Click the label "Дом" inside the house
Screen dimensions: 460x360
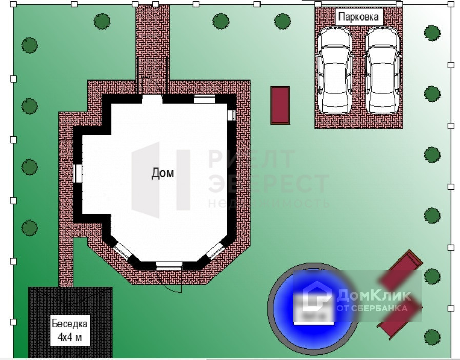[x=163, y=173]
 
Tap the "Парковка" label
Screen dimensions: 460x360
[x=359, y=16]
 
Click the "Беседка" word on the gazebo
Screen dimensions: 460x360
[x=69, y=324]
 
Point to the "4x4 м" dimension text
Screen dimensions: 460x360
[x=69, y=338]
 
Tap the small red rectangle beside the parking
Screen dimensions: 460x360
[x=280, y=105]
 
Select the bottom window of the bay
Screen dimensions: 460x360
[x=168, y=265]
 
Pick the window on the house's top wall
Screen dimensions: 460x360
[x=204, y=99]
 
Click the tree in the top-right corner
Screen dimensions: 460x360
[x=432, y=33]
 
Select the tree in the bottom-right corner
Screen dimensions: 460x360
[x=432, y=337]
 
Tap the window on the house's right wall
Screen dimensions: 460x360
[x=231, y=114]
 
